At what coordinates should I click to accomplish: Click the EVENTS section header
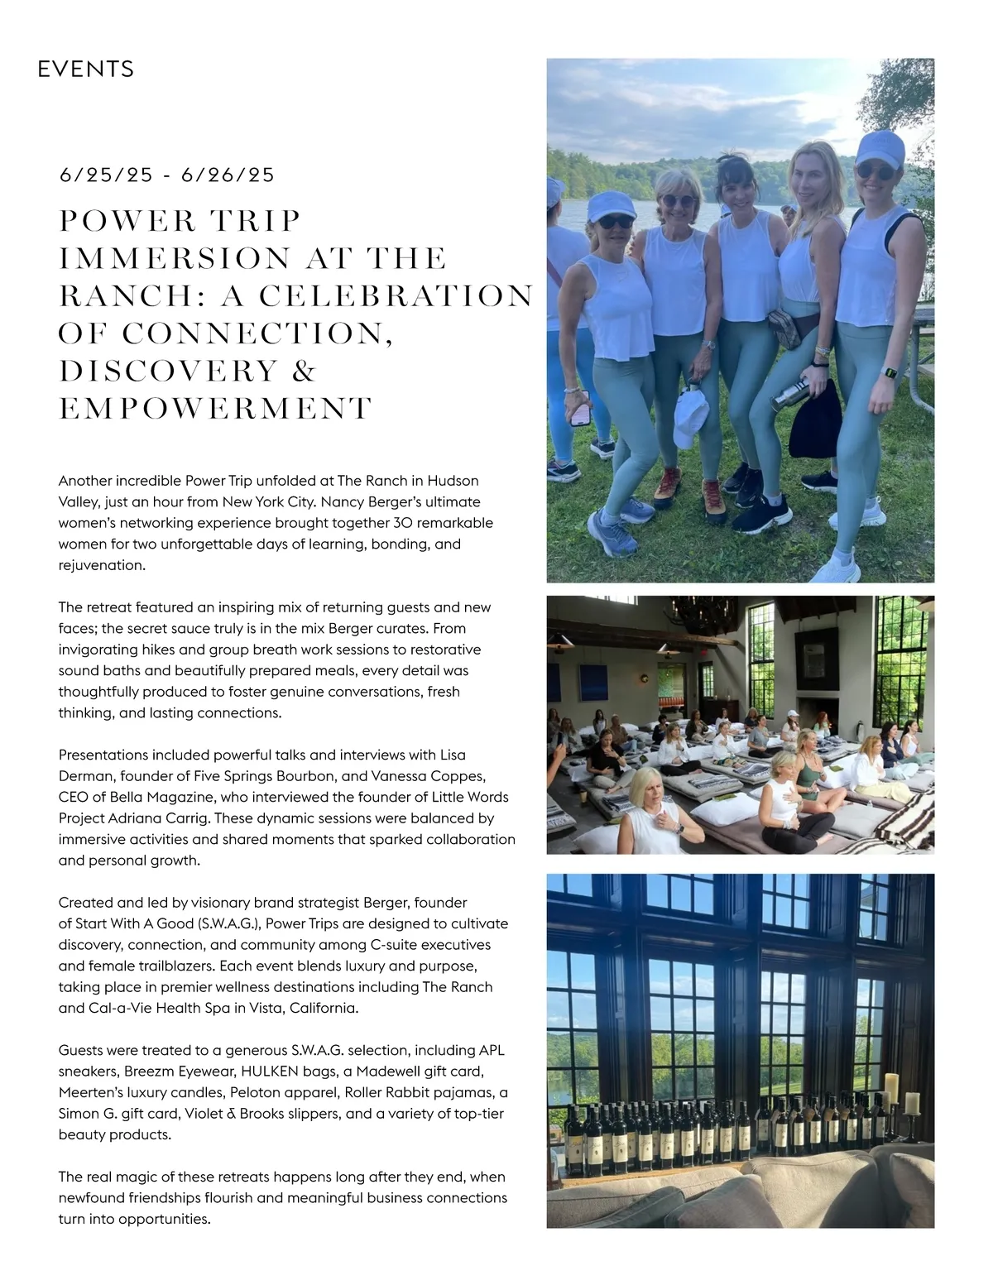86,69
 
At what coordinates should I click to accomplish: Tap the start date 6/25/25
106,175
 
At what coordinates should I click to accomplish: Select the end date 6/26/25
228,175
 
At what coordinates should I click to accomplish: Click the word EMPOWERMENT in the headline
215,409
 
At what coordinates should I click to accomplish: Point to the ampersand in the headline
305,372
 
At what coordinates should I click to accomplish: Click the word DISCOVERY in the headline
168,372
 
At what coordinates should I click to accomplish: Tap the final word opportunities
162,1219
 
